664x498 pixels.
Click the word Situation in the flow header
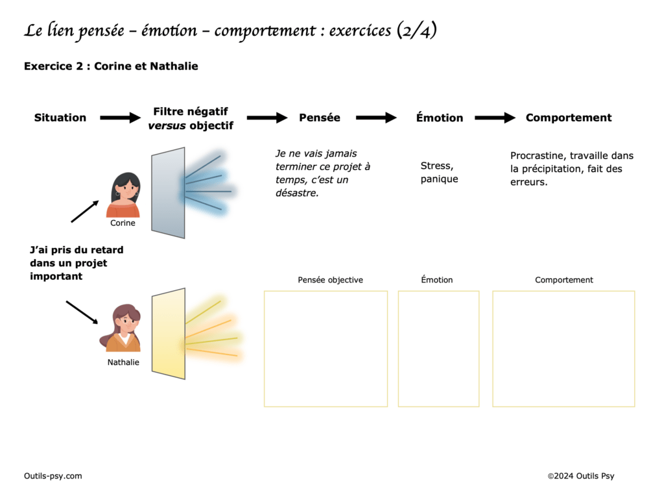click(60, 118)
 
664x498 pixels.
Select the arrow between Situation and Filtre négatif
click(120, 118)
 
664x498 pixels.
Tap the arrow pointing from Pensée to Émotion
click(376, 118)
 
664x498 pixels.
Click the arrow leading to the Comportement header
click(495, 118)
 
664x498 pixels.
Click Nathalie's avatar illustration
click(122, 329)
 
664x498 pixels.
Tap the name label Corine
click(123, 223)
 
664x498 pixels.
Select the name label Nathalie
click(123, 362)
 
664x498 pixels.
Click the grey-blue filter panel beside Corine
click(168, 193)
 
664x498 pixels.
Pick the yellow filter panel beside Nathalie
click(169, 333)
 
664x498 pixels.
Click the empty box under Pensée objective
click(326, 349)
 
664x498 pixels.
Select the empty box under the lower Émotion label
click(438, 349)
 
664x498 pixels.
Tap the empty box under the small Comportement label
click(563, 349)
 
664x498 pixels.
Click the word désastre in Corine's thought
click(297, 193)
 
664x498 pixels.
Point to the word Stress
click(436, 166)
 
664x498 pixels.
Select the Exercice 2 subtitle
click(111, 66)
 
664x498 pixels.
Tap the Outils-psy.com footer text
click(53, 476)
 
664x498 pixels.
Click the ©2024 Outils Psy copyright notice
click(580, 476)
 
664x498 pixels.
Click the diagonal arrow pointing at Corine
click(84, 211)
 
